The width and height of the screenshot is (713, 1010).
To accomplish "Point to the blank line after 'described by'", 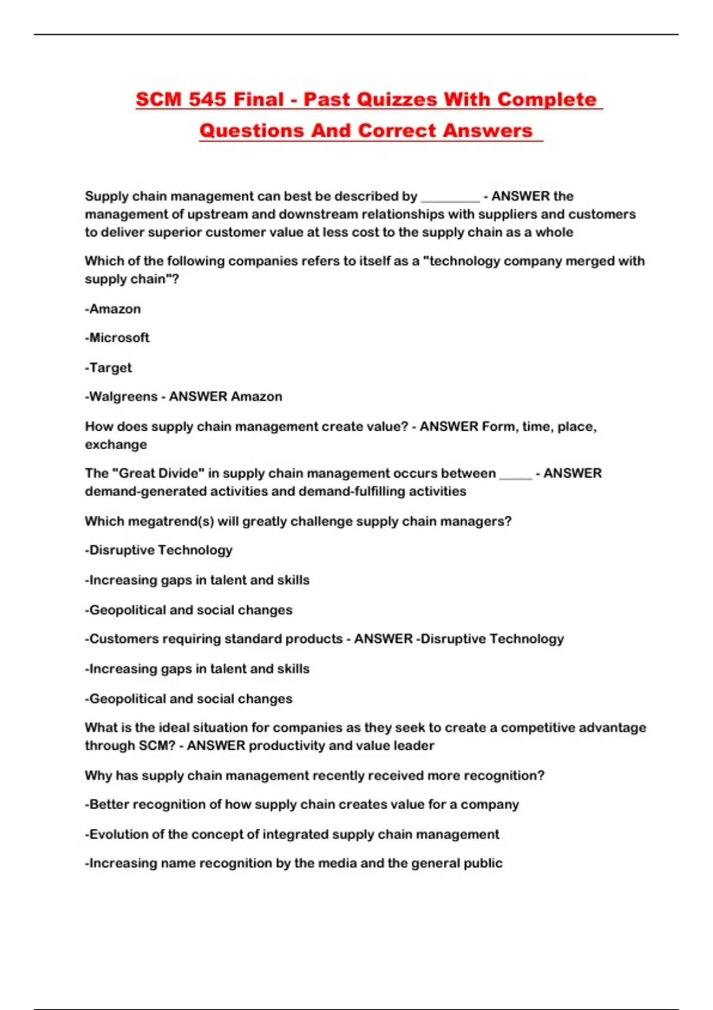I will pyautogui.click(x=450, y=198).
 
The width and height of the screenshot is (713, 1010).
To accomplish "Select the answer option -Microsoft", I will pyautogui.click(x=117, y=337).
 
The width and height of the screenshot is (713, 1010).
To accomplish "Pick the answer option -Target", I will pyautogui.click(x=109, y=368).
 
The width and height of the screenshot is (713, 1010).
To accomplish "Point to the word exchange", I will pyautogui.click(x=116, y=444).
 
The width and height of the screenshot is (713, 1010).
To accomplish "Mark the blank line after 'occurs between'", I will pyautogui.click(x=515, y=475).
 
